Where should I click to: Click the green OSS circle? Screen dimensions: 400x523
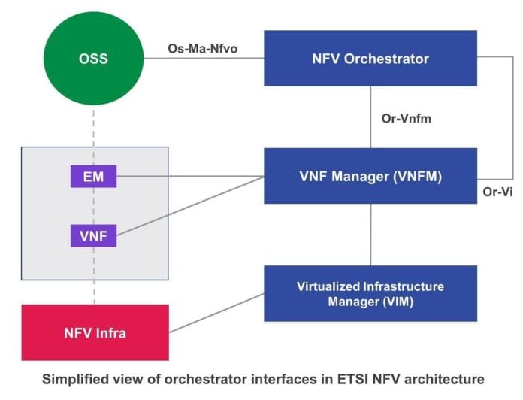94,58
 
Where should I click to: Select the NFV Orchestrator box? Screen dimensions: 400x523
370,58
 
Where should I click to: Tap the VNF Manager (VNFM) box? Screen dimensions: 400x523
370,176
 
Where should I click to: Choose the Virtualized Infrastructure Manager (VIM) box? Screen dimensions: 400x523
370,293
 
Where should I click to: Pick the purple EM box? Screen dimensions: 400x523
94,177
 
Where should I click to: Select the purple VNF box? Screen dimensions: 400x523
94,235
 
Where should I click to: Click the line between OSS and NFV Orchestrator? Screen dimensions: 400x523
203,59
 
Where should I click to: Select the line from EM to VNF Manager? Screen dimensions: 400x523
188,177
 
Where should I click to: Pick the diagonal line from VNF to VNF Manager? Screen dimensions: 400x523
188,207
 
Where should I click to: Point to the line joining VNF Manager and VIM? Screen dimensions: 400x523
370,235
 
